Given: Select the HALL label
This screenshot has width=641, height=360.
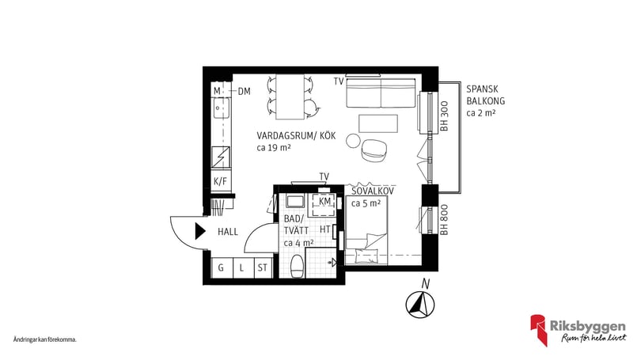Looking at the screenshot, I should (x=229, y=232).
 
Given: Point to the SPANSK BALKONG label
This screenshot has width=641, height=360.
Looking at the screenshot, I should (x=487, y=101).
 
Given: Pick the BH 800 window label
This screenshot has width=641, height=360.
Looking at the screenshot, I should (x=445, y=222).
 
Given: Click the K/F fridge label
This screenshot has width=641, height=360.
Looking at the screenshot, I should (x=221, y=182).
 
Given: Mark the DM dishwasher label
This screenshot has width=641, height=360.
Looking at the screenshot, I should (x=245, y=91).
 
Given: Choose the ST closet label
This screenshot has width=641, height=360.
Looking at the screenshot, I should (x=261, y=268).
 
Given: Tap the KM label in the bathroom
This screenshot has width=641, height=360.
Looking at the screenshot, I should (x=324, y=202).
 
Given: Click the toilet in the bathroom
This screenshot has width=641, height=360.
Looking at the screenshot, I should (x=296, y=267).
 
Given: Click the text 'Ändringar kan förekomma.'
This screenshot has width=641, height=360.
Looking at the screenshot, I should (x=45, y=339).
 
